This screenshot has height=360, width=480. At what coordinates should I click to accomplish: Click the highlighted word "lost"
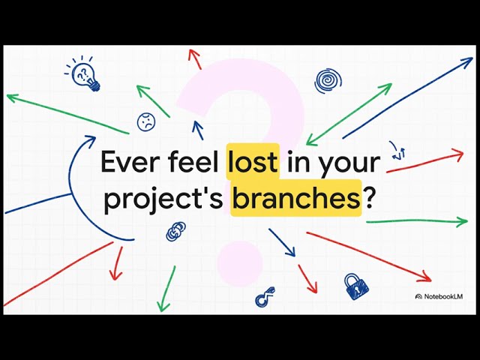tap(253, 162)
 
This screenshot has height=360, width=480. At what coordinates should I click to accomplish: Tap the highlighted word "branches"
tap(295, 198)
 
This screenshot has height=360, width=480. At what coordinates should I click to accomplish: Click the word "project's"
tap(163, 199)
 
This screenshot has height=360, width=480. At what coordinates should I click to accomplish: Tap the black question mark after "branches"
tap(370, 198)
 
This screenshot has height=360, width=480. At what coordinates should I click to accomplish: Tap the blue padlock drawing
tap(355, 286)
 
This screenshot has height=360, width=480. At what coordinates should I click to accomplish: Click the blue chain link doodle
tap(175, 231)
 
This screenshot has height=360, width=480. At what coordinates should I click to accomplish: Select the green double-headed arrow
tap(348, 114)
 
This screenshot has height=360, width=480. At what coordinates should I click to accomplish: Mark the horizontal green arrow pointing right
tap(416, 222)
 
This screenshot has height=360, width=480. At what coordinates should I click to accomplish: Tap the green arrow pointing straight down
tap(166, 289)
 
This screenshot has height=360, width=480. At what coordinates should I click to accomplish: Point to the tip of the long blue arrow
tap(472, 58)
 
